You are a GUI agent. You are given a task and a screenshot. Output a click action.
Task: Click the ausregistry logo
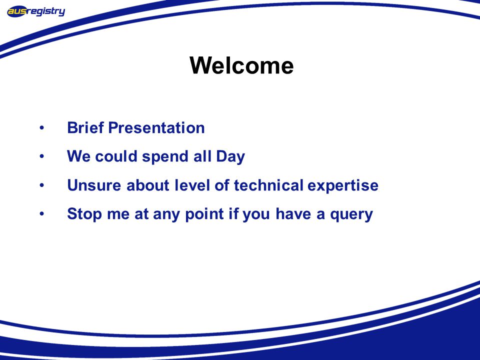coord(36,11)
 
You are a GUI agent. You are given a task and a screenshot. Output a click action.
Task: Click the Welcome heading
coord(241,65)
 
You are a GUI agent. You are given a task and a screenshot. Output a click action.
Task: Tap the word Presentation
coord(156,127)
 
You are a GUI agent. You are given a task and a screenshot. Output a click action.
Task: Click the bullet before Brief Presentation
coord(41,127)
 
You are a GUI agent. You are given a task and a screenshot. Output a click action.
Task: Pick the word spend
coord(165,156)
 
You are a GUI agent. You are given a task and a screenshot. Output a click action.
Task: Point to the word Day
coord(230,156)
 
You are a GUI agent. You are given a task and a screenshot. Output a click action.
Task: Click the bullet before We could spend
coord(41,156)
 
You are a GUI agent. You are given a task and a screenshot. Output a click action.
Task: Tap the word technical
coord(268,185)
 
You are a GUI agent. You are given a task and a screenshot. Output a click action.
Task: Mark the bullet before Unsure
coord(41,185)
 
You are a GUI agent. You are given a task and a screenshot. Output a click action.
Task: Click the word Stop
coord(84,214)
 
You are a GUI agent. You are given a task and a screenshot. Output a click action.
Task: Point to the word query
coord(351,214)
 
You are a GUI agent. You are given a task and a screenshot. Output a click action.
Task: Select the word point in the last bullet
coord(204,214)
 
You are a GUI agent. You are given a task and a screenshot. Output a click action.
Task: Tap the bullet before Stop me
coord(41,214)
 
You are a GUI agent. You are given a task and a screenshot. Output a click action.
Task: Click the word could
coord(116,156)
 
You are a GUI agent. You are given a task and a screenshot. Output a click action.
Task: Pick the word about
coord(148,185)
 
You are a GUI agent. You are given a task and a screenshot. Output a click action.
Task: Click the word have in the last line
coord(293,213)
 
